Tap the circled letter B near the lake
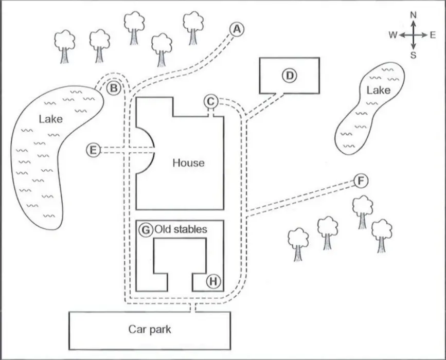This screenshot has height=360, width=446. (x=114, y=88)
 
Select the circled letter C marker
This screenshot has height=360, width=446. (x=210, y=101)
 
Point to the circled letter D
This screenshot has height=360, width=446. (x=290, y=76)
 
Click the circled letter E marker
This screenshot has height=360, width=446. (x=93, y=150)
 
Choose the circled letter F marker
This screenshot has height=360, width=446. (x=361, y=181)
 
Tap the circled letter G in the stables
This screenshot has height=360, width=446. (x=146, y=229)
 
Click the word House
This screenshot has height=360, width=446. (x=188, y=163)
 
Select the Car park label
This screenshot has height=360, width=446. (x=149, y=329)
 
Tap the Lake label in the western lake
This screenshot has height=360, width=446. (x=50, y=119)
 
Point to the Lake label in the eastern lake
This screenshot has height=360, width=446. (x=378, y=91)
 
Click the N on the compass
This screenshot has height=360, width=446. (x=413, y=15)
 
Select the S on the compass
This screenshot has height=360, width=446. (x=413, y=55)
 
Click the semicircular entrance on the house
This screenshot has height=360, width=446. (x=147, y=150)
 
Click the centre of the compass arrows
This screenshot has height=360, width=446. (x=413, y=35)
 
